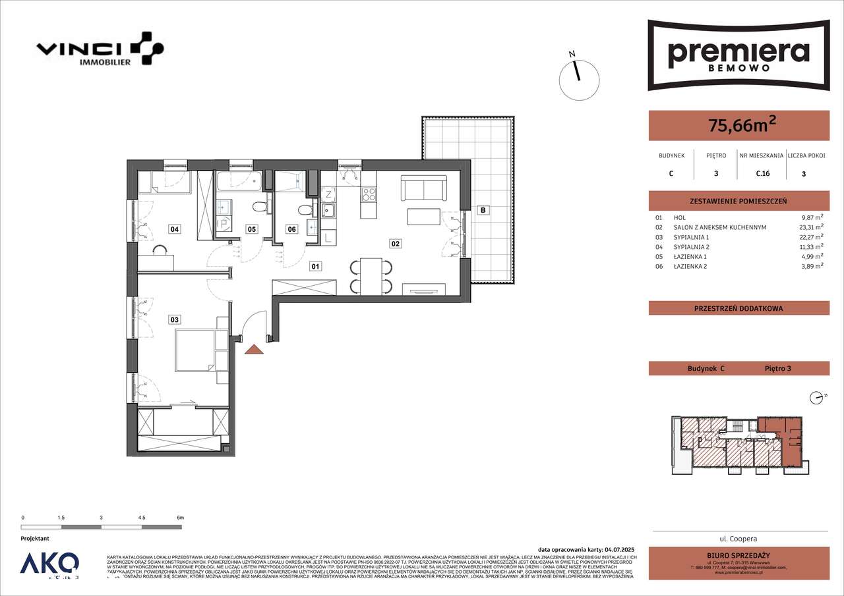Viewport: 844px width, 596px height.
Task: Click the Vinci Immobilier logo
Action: [99, 50]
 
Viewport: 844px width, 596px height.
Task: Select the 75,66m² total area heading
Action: [738, 125]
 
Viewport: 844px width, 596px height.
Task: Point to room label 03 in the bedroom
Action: [174, 320]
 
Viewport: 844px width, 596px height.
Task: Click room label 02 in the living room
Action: [396, 244]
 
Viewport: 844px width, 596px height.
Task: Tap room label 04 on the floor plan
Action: [174, 229]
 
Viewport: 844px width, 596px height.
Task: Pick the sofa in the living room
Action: [425, 190]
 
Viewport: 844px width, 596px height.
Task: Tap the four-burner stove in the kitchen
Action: [369, 194]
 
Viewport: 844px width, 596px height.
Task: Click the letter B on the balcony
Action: [483, 210]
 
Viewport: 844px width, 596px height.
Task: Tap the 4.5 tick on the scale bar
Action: [142, 518]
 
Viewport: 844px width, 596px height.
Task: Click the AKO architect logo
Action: [49, 564]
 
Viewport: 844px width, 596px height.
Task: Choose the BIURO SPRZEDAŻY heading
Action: [738, 555]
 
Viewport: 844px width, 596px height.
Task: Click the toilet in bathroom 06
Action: [305, 210]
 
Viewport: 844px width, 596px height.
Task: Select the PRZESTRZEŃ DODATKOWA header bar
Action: [738, 308]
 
